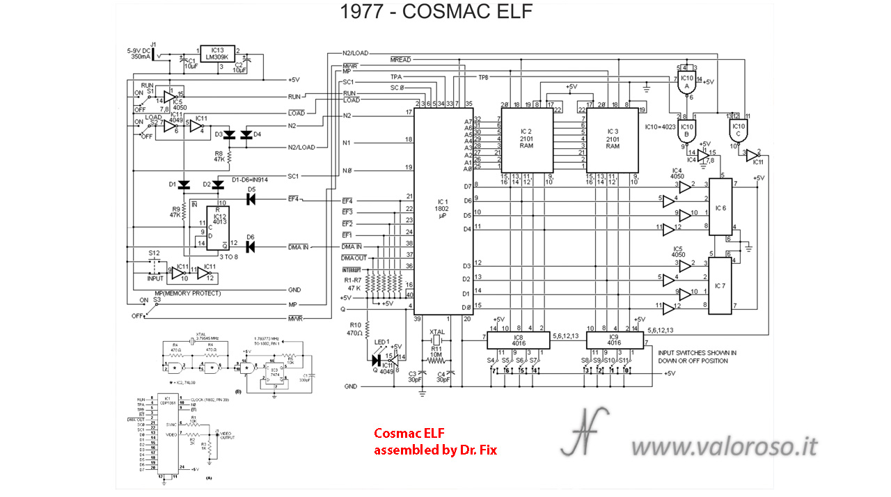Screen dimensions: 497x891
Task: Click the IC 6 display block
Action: (x=720, y=207)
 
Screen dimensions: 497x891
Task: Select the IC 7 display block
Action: (x=720, y=285)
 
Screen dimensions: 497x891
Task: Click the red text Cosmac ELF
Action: (x=402, y=434)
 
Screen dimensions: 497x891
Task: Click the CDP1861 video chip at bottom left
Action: (x=166, y=435)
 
